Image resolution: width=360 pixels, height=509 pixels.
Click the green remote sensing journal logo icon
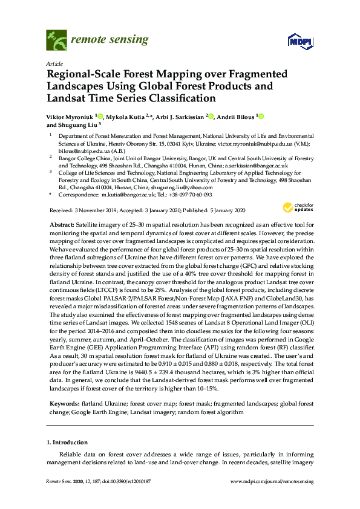pos(56,41)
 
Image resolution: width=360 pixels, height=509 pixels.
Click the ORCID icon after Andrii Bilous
pos(261,115)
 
